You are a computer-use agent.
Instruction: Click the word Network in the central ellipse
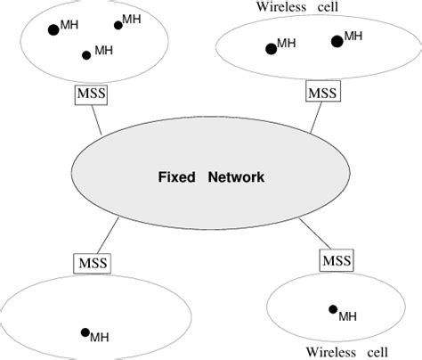pyautogui.click(x=236, y=177)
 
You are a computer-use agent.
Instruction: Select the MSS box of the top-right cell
pyautogui.click(x=320, y=91)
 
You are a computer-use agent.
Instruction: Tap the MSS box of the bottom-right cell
pyautogui.click(x=335, y=261)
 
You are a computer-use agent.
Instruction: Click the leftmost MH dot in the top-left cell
pyautogui.click(x=53, y=30)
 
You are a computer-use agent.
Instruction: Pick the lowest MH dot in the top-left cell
pyautogui.click(x=86, y=55)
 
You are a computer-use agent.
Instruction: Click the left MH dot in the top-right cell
pyautogui.click(x=270, y=48)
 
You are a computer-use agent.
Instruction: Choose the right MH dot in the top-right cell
pyautogui.click(x=337, y=41)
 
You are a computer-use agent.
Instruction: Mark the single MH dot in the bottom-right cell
pyautogui.click(x=333, y=309)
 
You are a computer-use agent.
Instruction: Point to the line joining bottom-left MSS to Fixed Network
pyautogui.click(x=118, y=240)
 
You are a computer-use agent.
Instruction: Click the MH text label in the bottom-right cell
pyautogui.click(x=347, y=315)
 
